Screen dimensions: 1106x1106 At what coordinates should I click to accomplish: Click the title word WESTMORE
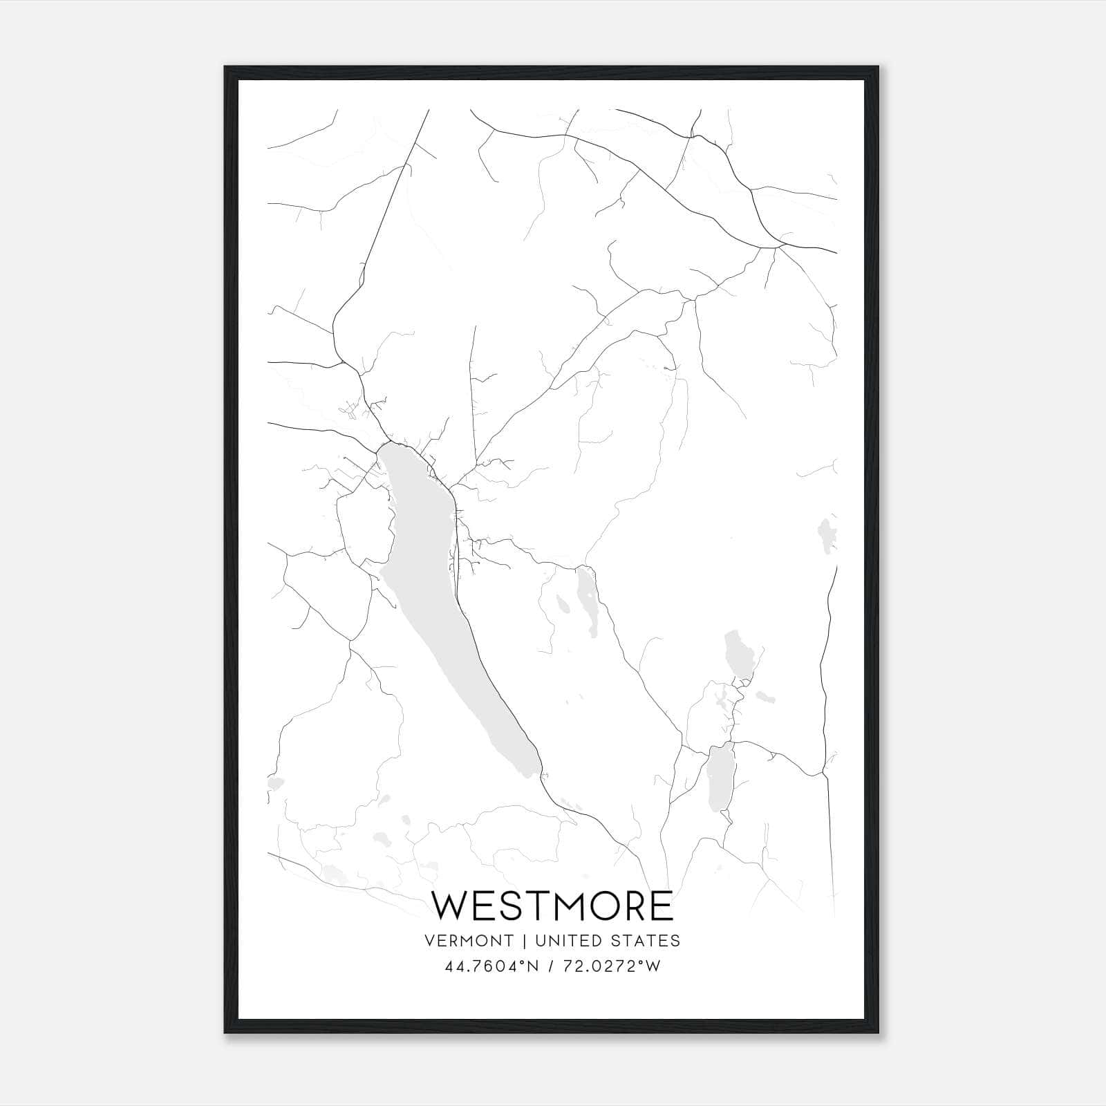click(552, 906)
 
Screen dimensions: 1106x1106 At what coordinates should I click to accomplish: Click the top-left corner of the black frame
click(225, 67)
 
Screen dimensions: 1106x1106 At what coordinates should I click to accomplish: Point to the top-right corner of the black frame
click(880, 67)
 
